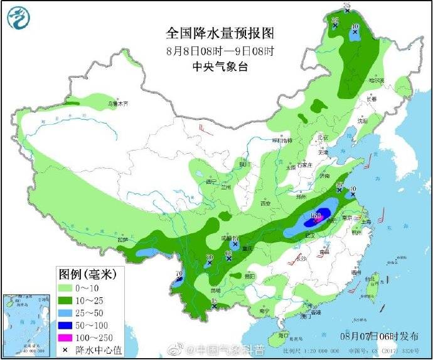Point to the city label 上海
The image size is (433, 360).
366,221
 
